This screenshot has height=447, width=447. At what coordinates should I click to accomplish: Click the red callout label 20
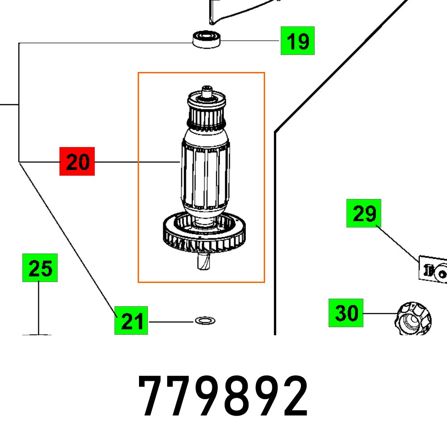point(77,161)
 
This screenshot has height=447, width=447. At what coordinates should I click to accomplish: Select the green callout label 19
point(297,41)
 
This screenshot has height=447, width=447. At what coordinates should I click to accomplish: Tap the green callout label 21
point(131,320)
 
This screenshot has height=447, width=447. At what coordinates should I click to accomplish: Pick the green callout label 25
point(40,268)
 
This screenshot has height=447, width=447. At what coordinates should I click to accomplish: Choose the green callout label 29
point(364,213)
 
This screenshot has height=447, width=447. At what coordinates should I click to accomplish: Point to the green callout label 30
point(346,313)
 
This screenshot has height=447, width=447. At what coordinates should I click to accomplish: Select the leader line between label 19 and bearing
point(250,40)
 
